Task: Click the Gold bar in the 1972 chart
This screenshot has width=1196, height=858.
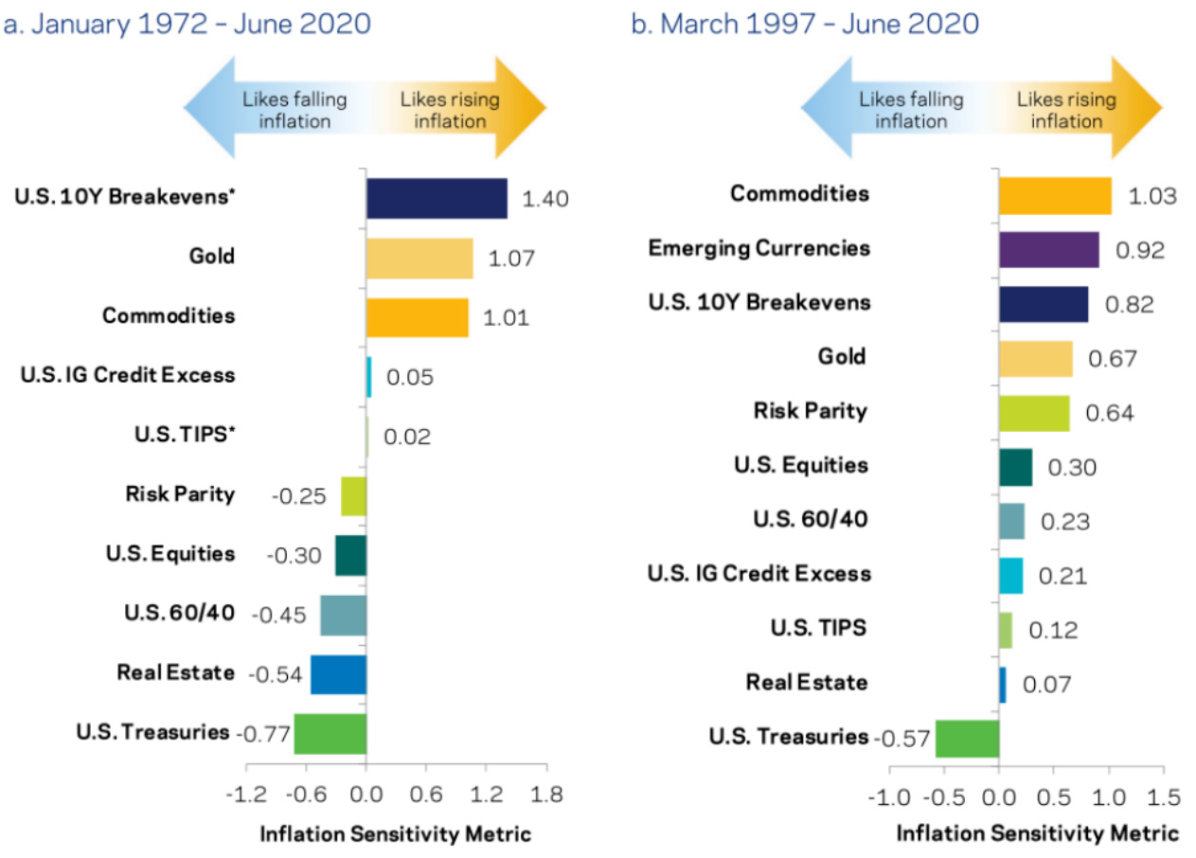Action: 419,259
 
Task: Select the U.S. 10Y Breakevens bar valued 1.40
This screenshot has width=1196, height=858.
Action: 436,199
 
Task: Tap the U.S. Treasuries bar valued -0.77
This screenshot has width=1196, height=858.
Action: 330,734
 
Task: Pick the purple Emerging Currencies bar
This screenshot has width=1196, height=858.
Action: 1048,250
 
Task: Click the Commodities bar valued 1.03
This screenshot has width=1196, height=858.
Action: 1054,195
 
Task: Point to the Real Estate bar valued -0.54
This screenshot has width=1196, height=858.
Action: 338,674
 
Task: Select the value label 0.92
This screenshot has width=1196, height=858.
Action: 1140,251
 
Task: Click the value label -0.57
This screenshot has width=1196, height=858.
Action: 901,739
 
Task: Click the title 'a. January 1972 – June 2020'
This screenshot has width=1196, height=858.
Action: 187,24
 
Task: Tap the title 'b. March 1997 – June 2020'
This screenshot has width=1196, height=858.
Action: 805,24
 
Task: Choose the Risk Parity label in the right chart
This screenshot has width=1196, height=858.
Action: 811,411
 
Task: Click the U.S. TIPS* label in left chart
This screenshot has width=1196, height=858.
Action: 187,435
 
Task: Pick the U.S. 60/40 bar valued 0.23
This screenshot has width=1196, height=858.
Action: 1011,521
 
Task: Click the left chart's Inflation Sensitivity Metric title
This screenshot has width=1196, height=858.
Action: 395,834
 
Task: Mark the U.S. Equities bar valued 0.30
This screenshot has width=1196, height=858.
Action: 1015,467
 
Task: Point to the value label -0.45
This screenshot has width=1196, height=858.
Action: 278,616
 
